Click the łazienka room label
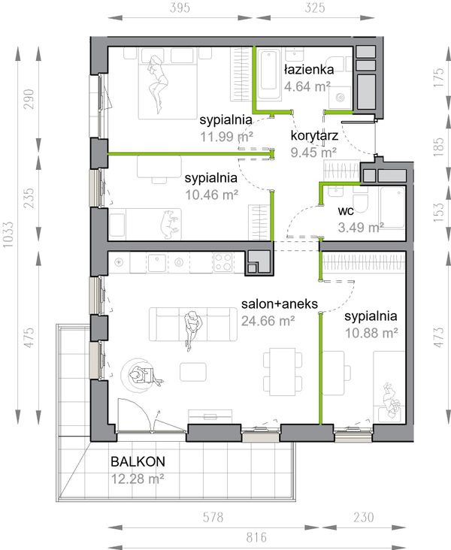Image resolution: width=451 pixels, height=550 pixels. coord(309,69)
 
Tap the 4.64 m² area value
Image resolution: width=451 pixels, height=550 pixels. coord(307,86)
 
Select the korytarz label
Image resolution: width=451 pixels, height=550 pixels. coord(314,136)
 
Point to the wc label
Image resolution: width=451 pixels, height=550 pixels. coord(346,211)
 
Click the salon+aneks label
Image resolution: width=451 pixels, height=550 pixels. coord(280,304)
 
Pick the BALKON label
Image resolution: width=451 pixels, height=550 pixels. coord(138,461)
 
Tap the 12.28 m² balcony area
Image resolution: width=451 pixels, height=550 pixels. coord(138,479)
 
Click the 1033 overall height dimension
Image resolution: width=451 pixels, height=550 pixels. coord(8,234)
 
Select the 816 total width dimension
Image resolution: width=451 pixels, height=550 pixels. coord(256,537)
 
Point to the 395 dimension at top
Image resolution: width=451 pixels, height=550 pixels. coord(180,8)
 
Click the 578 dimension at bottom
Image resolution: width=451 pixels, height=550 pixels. coord(213,517)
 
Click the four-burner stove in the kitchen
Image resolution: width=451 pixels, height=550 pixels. coord(222,262)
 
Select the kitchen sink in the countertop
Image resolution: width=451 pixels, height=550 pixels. coord(156,263)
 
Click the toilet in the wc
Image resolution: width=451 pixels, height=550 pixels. coord(361,202)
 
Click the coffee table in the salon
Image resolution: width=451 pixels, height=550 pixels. coord(193,372)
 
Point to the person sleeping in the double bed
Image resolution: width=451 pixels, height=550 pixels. coord(158,83)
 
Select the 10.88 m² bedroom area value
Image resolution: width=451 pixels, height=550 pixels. coord(371,333)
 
